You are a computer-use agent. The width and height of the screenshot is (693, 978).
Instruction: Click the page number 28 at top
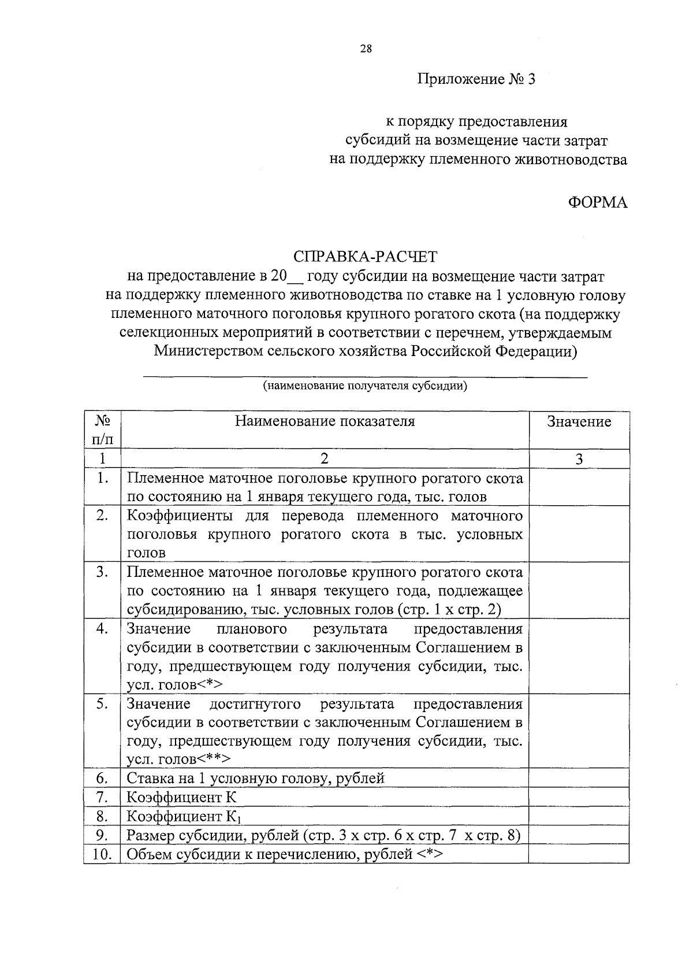tap(366, 49)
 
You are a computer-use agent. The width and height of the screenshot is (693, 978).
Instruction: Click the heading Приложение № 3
tap(476, 79)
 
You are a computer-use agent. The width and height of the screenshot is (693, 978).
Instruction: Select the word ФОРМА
tap(597, 202)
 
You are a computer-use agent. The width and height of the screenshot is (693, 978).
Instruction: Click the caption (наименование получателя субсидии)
tap(365, 386)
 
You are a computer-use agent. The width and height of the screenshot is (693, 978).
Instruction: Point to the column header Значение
tap(579, 422)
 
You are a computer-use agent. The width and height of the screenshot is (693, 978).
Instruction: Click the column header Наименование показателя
tap(325, 421)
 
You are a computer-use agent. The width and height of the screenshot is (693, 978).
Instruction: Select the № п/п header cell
tap(102, 429)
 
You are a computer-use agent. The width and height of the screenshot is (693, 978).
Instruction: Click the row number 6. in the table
tap(102, 778)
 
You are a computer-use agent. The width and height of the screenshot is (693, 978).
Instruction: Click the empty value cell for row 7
tap(579, 798)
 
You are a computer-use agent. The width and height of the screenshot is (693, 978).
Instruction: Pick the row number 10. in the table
tap(102, 854)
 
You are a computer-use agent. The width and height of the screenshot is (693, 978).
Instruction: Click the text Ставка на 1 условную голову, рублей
tap(255, 778)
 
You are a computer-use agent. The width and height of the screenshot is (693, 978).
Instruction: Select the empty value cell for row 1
tap(579, 487)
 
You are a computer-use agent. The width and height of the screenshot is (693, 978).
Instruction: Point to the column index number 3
tap(579, 460)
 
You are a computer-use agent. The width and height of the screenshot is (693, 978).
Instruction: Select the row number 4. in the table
tap(102, 629)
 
